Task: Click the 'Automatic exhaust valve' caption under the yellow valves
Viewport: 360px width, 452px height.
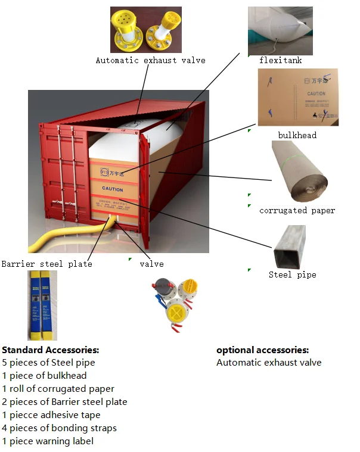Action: coord(150,60)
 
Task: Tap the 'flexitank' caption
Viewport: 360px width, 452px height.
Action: coord(280,60)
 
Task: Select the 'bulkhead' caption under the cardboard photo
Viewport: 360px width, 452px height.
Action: coord(297,135)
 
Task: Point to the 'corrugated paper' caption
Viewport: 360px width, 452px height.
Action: coord(297,210)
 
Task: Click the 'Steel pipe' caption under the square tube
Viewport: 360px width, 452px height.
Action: coord(292,275)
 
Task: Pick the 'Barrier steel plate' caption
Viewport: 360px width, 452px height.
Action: coord(46,263)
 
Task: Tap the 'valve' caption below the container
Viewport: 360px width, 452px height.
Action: coord(151,263)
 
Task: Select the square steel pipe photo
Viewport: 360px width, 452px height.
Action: coord(296,247)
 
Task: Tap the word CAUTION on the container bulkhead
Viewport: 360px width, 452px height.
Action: coord(113,189)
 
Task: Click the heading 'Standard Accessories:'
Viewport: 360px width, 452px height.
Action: coord(51,350)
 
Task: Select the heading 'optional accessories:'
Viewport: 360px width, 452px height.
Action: coord(262,350)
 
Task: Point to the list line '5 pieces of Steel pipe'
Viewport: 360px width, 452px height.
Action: coord(48,363)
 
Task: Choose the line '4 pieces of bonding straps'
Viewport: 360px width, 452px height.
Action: coord(59,428)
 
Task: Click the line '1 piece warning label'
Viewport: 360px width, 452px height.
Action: coord(48,441)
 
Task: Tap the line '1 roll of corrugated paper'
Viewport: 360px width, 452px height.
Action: coord(58,389)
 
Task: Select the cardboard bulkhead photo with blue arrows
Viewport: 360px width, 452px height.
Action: coord(297,96)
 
